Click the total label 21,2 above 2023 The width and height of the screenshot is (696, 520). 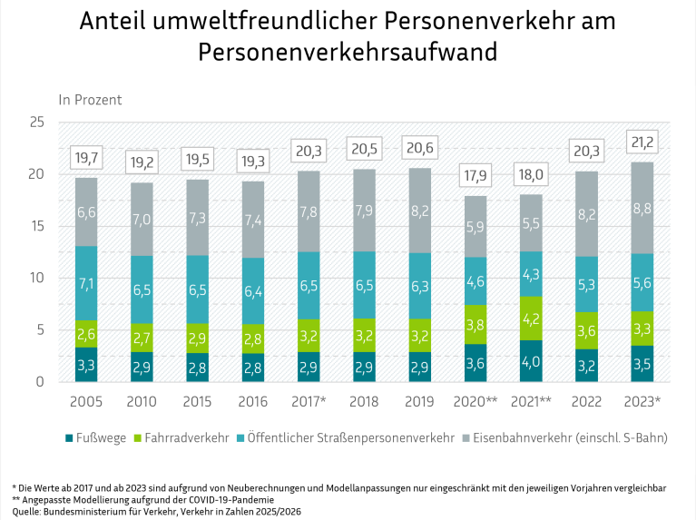click(642, 142)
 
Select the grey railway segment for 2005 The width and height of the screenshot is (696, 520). click(86, 212)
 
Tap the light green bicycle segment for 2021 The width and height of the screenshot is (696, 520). click(531, 319)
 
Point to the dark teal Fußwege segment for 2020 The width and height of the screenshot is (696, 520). click(475, 363)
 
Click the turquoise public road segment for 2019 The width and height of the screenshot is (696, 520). click(420, 286)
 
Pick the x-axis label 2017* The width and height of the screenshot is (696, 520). click(309, 401)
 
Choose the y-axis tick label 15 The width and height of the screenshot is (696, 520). click(36, 226)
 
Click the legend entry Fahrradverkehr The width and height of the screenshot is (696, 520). click(181, 437)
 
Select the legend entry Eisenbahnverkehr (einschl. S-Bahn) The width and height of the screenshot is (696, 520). click(565, 437)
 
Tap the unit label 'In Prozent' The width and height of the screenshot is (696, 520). click(90, 100)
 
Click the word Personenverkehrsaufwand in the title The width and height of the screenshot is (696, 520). click(348, 52)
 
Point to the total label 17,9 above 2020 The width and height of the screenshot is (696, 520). click(475, 176)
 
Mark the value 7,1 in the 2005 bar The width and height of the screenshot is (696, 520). click(86, 283)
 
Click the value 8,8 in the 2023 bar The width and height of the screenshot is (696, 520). click(642, 208)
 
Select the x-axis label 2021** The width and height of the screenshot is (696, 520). click(531, 401)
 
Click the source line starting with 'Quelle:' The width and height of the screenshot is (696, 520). click(157, 512)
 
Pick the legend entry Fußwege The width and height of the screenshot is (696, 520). click(96, 437)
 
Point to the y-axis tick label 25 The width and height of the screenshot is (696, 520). click(36, 123)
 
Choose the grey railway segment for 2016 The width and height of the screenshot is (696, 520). click(253, 220)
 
